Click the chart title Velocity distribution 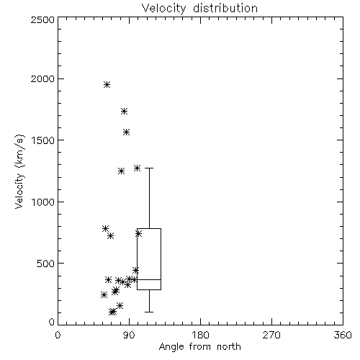point(199,9)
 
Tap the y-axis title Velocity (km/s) point(19,171)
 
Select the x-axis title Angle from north point(199,347)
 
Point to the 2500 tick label point(42,19)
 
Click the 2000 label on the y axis point(42,78)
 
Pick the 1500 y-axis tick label point(43,140)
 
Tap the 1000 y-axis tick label point(43,202)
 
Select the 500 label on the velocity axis point(46,264)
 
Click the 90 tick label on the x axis point(129,335)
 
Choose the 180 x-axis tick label point(200,335)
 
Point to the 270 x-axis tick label point(271,335)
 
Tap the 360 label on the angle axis point(343,335)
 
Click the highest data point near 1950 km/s point(107,84)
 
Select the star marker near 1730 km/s point(124,111)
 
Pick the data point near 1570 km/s point(127,132)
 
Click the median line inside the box point(149,279)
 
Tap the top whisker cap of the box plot point(149,168)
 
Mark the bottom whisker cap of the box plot point(149,312)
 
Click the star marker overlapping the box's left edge point(138,233)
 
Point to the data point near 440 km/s point(135,271)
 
